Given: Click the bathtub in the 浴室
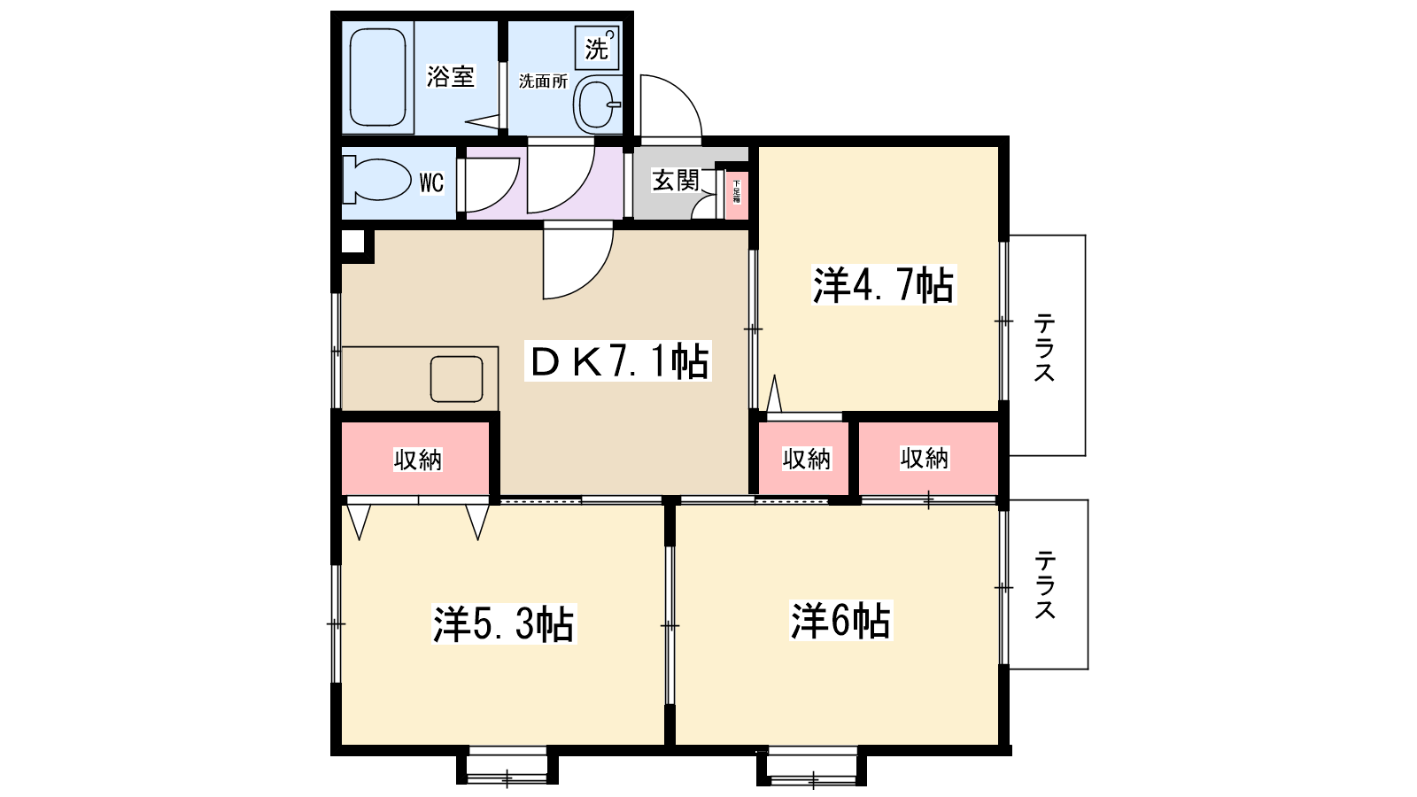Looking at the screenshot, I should click(378, 77).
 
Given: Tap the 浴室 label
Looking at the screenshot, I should click(451, 76).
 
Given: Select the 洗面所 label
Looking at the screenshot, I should click(543, 81).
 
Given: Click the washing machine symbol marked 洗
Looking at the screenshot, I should click(597, 47).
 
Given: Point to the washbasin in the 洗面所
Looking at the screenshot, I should click(598, 104).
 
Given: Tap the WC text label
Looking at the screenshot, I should click(431, 183).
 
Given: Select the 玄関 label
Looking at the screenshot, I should click(676, 181).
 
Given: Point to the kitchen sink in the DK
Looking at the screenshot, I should click(456, 379).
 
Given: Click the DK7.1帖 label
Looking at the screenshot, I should click(618, 361).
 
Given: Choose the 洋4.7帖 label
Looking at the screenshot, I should click(883, 285).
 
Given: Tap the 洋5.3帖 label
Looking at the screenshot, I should click(503, 624).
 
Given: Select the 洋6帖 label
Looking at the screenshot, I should click(840, 621).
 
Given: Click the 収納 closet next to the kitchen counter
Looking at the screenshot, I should click(417, 460).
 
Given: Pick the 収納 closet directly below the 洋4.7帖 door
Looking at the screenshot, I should click(806, 459).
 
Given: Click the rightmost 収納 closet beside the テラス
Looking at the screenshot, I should click(925, 459).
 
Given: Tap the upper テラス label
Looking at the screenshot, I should click(1045, 347).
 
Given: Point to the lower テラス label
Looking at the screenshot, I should click(1045, 584).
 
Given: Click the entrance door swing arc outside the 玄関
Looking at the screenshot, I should click(670, 108).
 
